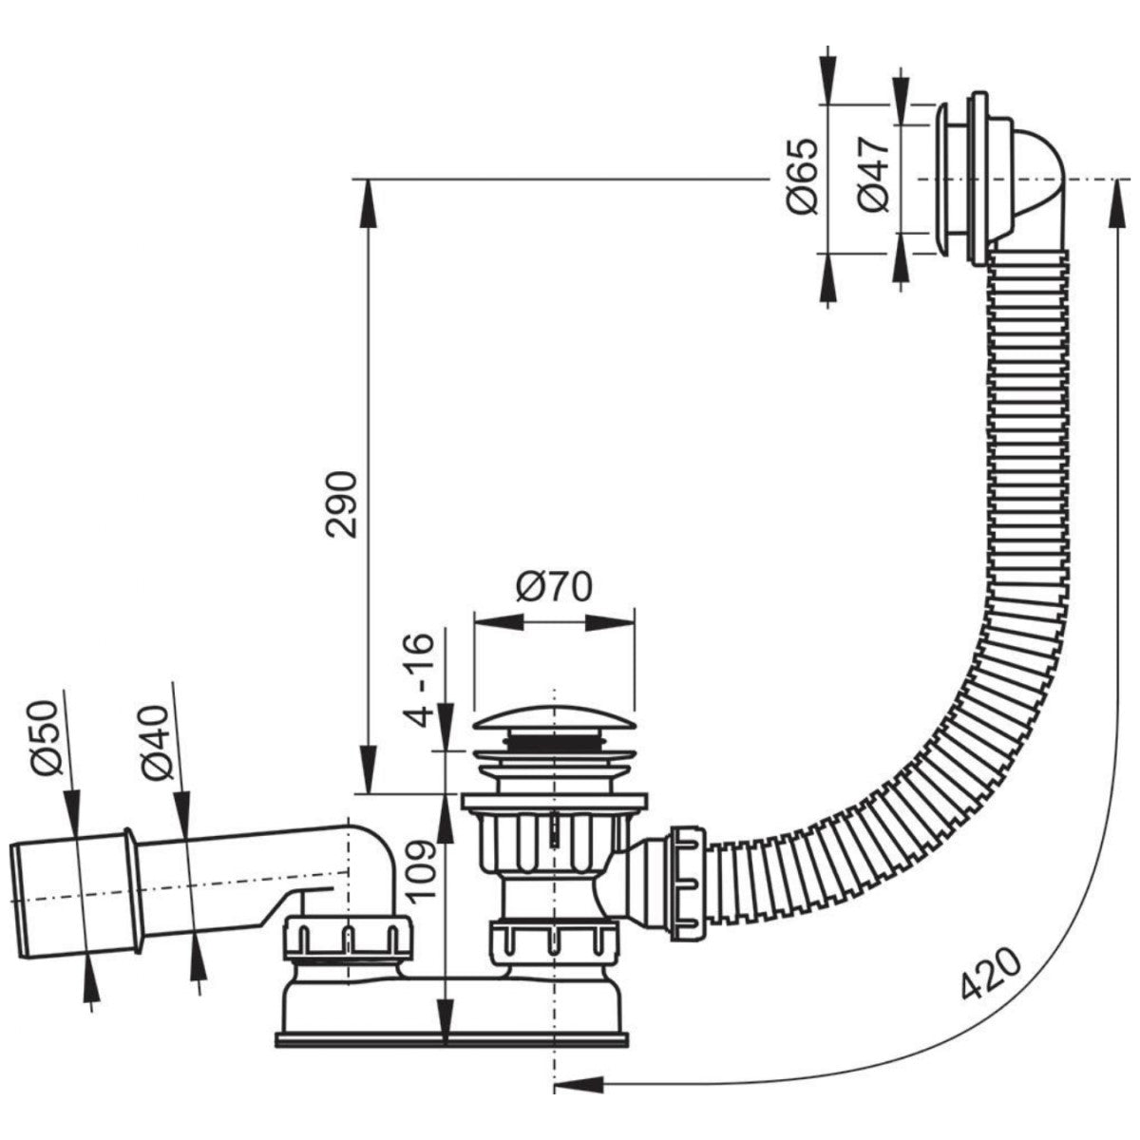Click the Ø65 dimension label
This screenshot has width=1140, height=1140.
pos(801,176)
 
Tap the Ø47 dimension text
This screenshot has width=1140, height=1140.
pos(872,174)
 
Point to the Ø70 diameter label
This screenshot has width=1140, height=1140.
pos(553,587)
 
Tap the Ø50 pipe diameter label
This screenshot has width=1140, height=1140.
pos(45,738)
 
